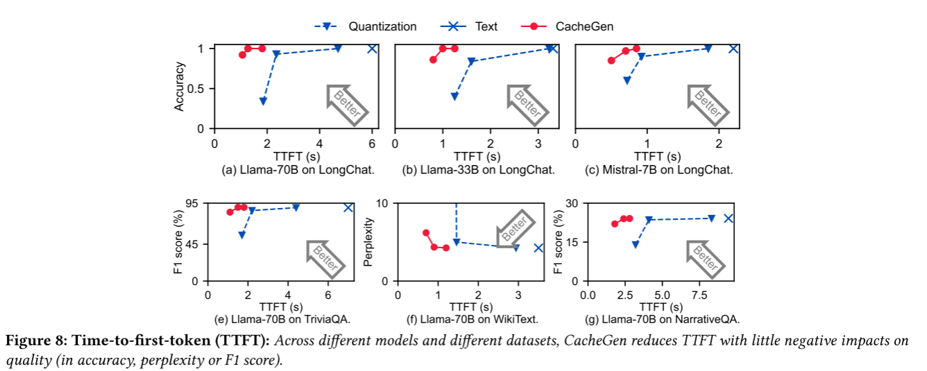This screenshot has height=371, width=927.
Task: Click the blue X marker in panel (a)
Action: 372,48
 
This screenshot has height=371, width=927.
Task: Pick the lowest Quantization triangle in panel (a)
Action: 263,102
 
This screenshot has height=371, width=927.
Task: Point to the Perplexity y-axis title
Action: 369,242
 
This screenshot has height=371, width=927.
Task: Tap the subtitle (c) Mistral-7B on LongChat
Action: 658,170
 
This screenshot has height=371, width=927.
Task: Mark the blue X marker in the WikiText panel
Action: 538,248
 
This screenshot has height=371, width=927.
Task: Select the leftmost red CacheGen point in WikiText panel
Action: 426,233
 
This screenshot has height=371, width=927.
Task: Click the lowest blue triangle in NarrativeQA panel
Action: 635,245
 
